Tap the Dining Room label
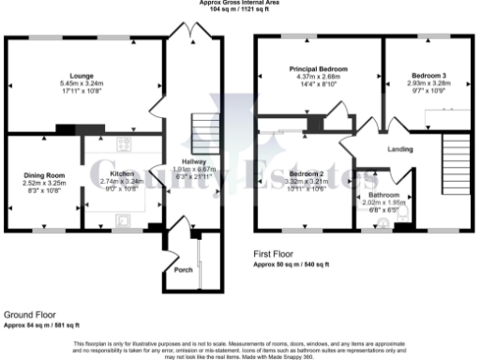click(x=43, y=174)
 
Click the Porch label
click(x=184, y=270)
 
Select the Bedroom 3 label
click(x=427, y=74)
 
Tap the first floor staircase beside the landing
click(x=455, y=151)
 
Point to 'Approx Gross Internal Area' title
click(x=239, y=2)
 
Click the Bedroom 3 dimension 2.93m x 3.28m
click(x=427, y=82)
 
